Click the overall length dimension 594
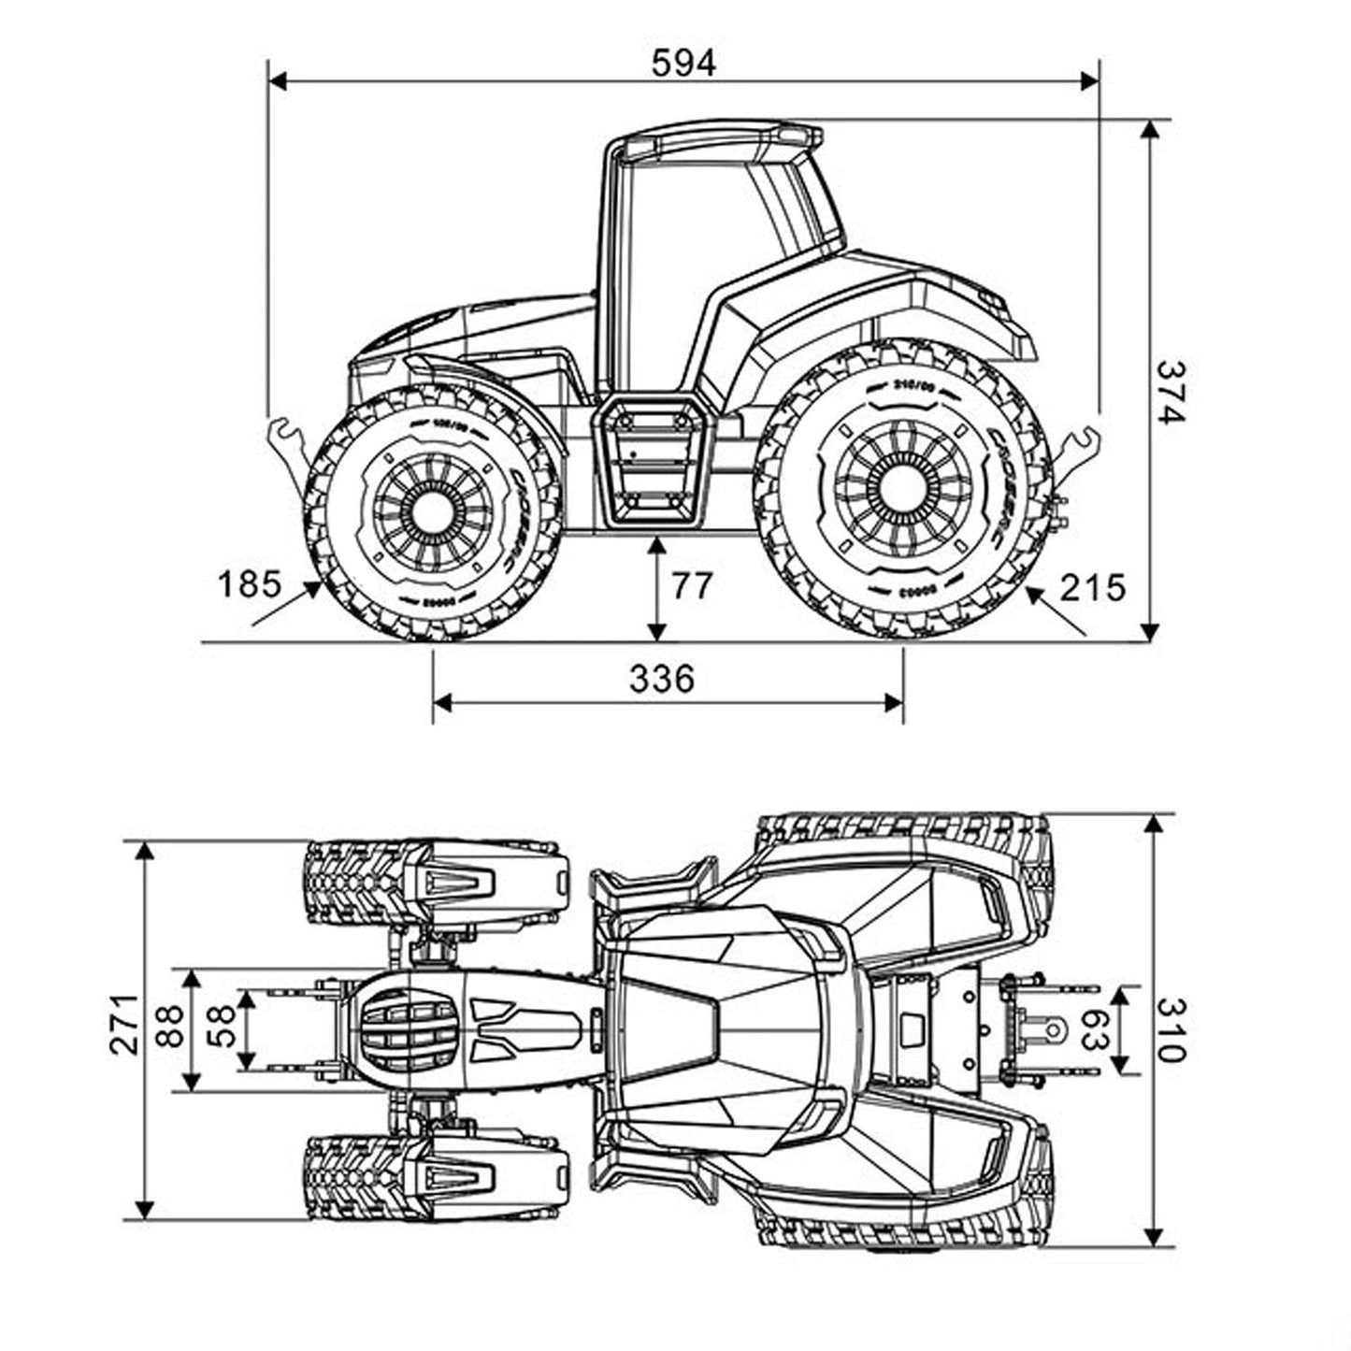click(683, 63)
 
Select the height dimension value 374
click(1170, 392)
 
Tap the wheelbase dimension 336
click(662, 679)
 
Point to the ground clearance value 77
click(692, 586)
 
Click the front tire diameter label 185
click(249, 584)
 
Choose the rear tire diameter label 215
click(1093, 588)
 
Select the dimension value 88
click(169, 1028)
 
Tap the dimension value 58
click(221, 1028)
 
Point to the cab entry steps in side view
click(653, 462)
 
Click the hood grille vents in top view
click(409, 1029)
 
